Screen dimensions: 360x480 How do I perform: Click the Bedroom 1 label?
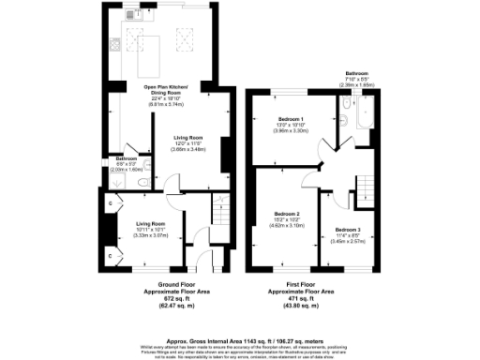292,119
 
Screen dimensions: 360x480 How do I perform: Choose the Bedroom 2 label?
287,214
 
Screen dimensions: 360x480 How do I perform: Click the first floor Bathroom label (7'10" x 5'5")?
355,72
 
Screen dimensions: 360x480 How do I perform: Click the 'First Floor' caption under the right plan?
304,280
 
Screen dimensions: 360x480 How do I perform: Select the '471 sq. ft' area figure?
304,297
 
